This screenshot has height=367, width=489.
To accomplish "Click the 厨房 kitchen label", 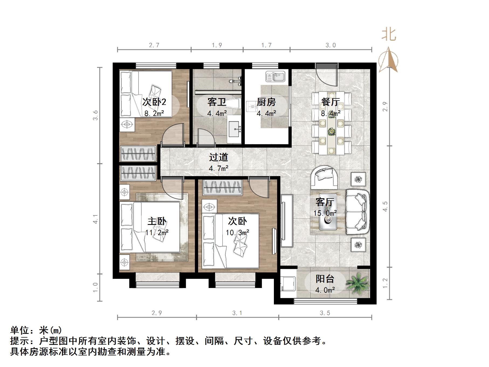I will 266,102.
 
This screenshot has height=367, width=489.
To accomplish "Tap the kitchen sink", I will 275,77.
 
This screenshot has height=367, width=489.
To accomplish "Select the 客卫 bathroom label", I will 217,102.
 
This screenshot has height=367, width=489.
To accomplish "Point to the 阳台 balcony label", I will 325,279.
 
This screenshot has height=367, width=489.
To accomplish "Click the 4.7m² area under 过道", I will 219,169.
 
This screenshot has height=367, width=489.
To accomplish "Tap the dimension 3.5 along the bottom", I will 325,313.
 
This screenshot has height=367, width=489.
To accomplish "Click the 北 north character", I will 389,35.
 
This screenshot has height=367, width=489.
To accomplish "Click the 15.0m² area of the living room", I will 325,213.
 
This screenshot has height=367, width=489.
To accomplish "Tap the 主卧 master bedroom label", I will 157,221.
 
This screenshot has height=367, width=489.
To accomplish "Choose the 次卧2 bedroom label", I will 154,102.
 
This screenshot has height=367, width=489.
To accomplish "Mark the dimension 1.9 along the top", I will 217,45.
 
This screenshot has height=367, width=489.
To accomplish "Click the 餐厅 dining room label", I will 330,102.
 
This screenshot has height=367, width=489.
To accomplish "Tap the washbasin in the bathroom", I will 235,129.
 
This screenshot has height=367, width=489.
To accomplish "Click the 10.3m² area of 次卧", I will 237,232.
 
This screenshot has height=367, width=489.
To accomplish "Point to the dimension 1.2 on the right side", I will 385,283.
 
